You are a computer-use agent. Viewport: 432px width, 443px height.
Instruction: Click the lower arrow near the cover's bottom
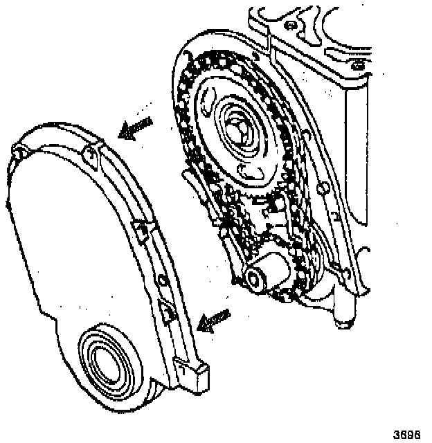[x=213, y=319]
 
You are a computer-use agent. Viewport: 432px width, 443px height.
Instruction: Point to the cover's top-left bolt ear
[x=21, y=151]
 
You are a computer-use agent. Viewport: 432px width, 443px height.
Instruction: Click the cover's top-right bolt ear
[x=89, y=152]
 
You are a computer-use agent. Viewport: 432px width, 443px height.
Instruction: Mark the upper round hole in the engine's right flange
[x=323, y=189]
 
